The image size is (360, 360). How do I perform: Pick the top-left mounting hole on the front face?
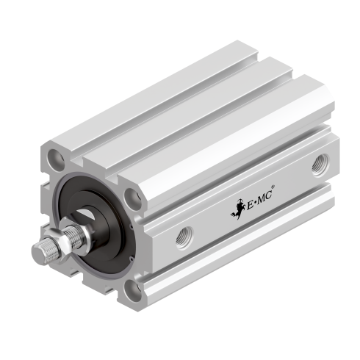pyautogui.click(x=55, y=156)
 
